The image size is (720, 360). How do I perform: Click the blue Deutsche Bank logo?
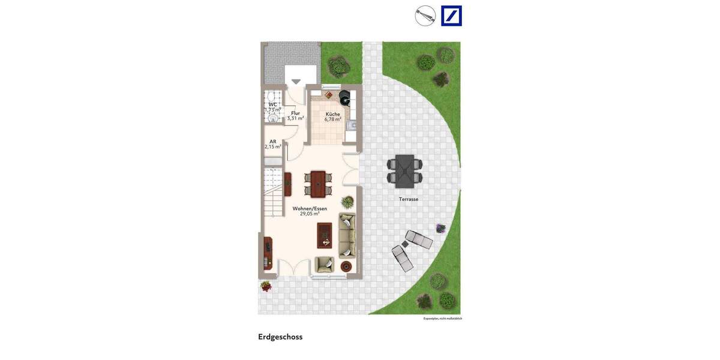tap(451, 16)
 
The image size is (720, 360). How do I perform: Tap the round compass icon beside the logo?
tap(425, 16)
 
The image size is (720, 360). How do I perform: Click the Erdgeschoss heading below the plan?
tap(280, 337)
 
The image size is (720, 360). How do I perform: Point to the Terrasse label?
tap(409, 199)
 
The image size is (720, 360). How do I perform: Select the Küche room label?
tap(332, 114)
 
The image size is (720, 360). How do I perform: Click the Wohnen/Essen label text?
tap(310, 209)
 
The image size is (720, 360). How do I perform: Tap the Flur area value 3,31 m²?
tap(295, 119)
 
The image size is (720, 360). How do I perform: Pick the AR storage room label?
tap(273, 142)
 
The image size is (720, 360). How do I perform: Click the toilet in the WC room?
tap(272, 97)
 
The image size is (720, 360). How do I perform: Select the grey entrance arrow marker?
tap(296, 82)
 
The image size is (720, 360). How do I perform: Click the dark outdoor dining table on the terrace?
tap(405, 170)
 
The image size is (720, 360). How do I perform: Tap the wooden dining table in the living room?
tap(318, 184)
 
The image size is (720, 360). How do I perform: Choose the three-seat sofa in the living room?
tap(347, 235)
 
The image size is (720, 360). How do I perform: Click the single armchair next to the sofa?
tap(325, 264)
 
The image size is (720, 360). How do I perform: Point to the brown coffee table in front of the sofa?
tap(325, 235)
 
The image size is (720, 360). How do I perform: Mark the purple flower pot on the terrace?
tap(440, 228)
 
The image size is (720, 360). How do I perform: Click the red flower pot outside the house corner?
tap(266, 286)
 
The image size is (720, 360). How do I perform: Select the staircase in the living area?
tap(272, 193)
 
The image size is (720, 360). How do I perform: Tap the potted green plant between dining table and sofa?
tap(347, 202)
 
